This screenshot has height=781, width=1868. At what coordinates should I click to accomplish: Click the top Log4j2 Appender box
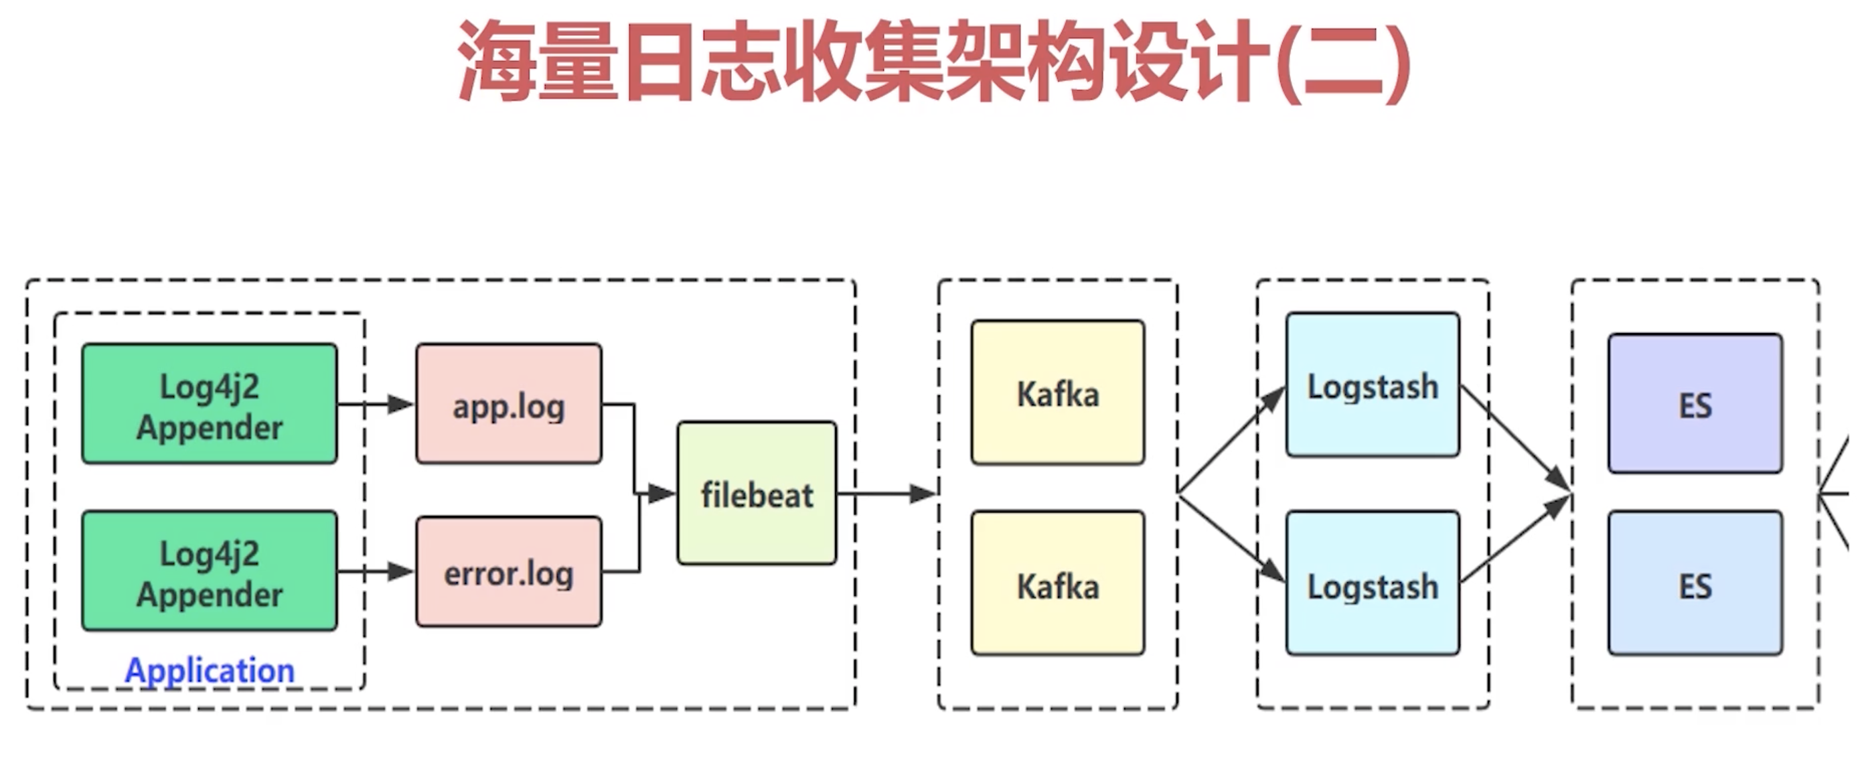click(x=210, y=404)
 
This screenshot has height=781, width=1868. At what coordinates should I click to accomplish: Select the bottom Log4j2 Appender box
click(x=210, y=571)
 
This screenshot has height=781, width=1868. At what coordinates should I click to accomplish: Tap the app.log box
click(x=509, y=404)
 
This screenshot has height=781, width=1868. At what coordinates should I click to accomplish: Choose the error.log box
click(x=509, y=571)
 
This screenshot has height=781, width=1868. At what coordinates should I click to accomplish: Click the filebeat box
click(x=757, y=493)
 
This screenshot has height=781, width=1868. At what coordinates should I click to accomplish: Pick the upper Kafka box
click(x=1058, y=393)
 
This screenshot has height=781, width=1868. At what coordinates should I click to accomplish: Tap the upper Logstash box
click(x=1373, y=385)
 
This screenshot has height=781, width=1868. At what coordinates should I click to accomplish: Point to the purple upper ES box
click(x=1695, y=404)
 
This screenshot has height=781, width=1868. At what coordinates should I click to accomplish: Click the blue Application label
click(x=210, y=670)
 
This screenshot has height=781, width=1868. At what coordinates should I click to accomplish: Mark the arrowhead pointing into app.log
click(x=400, y=404)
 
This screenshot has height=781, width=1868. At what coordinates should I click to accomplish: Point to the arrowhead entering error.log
click(x=400, y=571)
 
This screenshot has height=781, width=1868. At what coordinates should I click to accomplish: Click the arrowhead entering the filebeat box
click(x=661, y=494)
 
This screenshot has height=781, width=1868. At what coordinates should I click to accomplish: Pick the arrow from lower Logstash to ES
click(x=1516, y=539)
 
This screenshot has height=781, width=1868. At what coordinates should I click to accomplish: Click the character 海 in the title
click(x=499, y=61)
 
